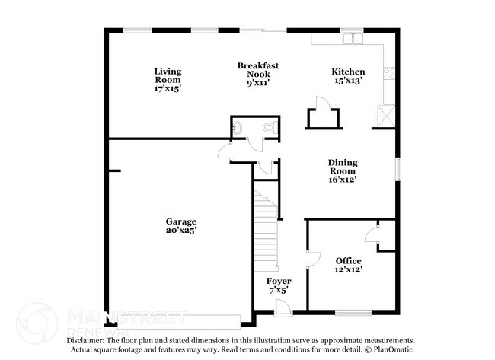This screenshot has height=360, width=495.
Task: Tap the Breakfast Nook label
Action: click(257, 71)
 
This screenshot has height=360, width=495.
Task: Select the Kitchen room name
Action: click(348, 72)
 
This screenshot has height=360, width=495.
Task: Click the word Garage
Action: click(181, 221)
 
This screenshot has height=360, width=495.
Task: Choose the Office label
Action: click(349, 261)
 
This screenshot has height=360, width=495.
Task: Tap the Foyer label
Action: click(279, 282)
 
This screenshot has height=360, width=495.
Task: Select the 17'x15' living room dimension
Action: click(168, 88)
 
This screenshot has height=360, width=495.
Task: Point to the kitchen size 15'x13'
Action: click(348, 80)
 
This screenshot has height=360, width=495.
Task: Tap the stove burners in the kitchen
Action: click(389, 75)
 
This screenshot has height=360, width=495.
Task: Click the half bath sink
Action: click(237, 128)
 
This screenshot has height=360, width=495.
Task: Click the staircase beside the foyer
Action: click(266, 225)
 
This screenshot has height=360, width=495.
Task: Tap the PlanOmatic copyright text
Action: click(391, 349)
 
